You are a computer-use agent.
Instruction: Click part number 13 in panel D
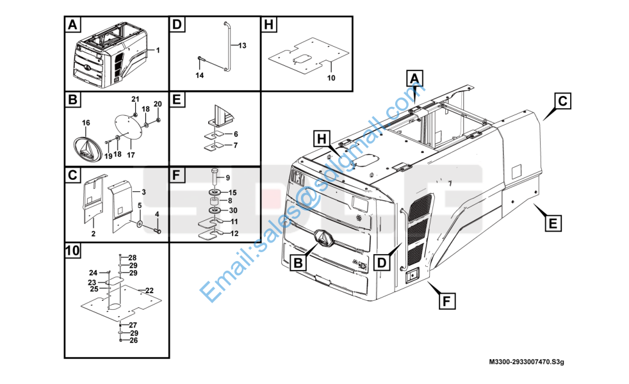(x=242, y=45)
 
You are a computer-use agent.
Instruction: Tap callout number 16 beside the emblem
(x=86, y=123)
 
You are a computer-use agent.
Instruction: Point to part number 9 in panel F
(x=228, y=178)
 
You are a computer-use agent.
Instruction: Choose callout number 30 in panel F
(x=233, y=211)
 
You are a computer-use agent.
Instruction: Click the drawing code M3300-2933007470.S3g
(x=527, y=362)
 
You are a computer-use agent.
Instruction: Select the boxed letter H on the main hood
(x=322, y=139)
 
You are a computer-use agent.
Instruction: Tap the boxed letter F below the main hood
(x=447, y=301)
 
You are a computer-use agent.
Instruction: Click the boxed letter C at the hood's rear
(x=563, y=100)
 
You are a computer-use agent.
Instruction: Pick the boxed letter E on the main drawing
(x=553, y=223)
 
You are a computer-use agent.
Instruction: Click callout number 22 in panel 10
(x=149, y=291)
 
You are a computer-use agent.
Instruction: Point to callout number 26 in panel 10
(x=134, y=340)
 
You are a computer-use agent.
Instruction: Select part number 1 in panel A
(x=158, y=50)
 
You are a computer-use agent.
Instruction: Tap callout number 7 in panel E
(x=236, y=145)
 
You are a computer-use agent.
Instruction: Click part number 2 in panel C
(x=94, y=234)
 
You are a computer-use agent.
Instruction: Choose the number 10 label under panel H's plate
(x=331, y=78)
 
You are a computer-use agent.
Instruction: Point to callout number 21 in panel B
(x=136, y=99)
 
